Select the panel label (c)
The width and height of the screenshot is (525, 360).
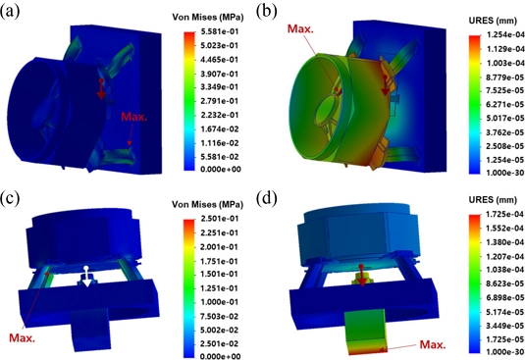[x=10, y=198]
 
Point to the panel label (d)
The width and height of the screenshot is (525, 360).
[x=267, y=198]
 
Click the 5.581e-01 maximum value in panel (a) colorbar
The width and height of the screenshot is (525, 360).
[x=221, y=31]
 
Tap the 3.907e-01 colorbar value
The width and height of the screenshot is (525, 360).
[x=221, y=74]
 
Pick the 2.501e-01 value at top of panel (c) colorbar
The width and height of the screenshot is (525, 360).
[x=221, y=219]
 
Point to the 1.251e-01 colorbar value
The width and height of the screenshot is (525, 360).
[x=221, y=288]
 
